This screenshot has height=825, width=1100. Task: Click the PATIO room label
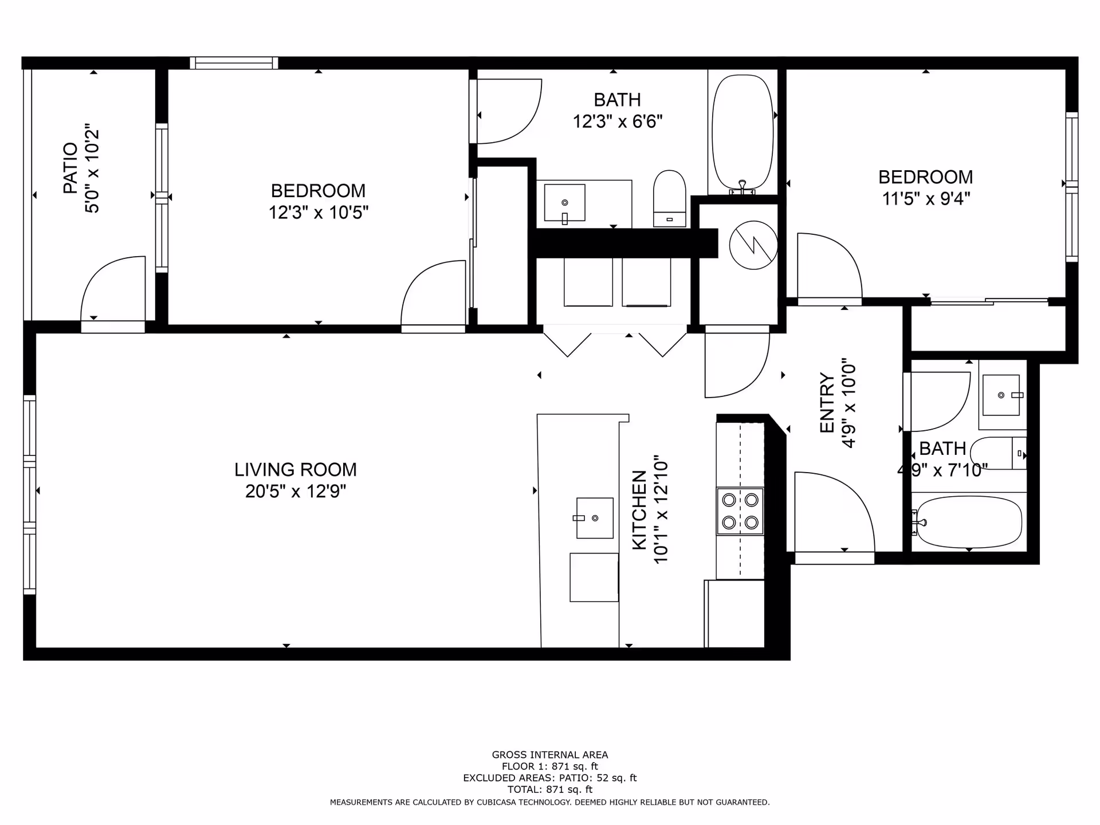pyautogui.click(x=70, y=168)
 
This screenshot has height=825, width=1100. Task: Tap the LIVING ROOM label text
pyautogui.click(x=295, y=470)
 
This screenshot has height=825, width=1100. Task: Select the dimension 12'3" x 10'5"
pyautogui.click(x=318, y=213)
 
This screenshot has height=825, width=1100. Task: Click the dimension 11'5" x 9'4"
pyautogui.click(x=925, y=199)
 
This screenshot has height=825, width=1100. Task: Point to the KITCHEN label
pyautogui.click(x=639, y=510)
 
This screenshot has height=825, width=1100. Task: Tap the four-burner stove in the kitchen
pyautogui.click(x=740, y=511)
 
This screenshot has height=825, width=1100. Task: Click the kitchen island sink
pyautogui.click(x=594, y=518)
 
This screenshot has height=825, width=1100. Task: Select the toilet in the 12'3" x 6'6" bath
pyautogui.click(x=669, y=198)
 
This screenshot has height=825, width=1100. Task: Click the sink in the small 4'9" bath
pyautogui.click(x=1001, y=395)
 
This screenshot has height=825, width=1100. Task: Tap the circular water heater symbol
pyautogui.click(x=753, y=245)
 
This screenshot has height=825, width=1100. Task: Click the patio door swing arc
pyautogui.click(x=112, y=289)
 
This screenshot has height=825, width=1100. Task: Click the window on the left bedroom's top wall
pyautogui.click(x=234, y=62)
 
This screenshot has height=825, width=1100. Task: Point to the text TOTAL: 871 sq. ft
pyautogui.click(x=549, y=789)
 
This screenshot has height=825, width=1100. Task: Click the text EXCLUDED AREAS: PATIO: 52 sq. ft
pyautogui.click(x=549, y=777)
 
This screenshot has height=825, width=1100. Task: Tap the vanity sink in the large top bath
pyautogui.click(x=564, y=202)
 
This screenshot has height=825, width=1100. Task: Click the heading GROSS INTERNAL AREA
pyautogui.click(x=549, y=755)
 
